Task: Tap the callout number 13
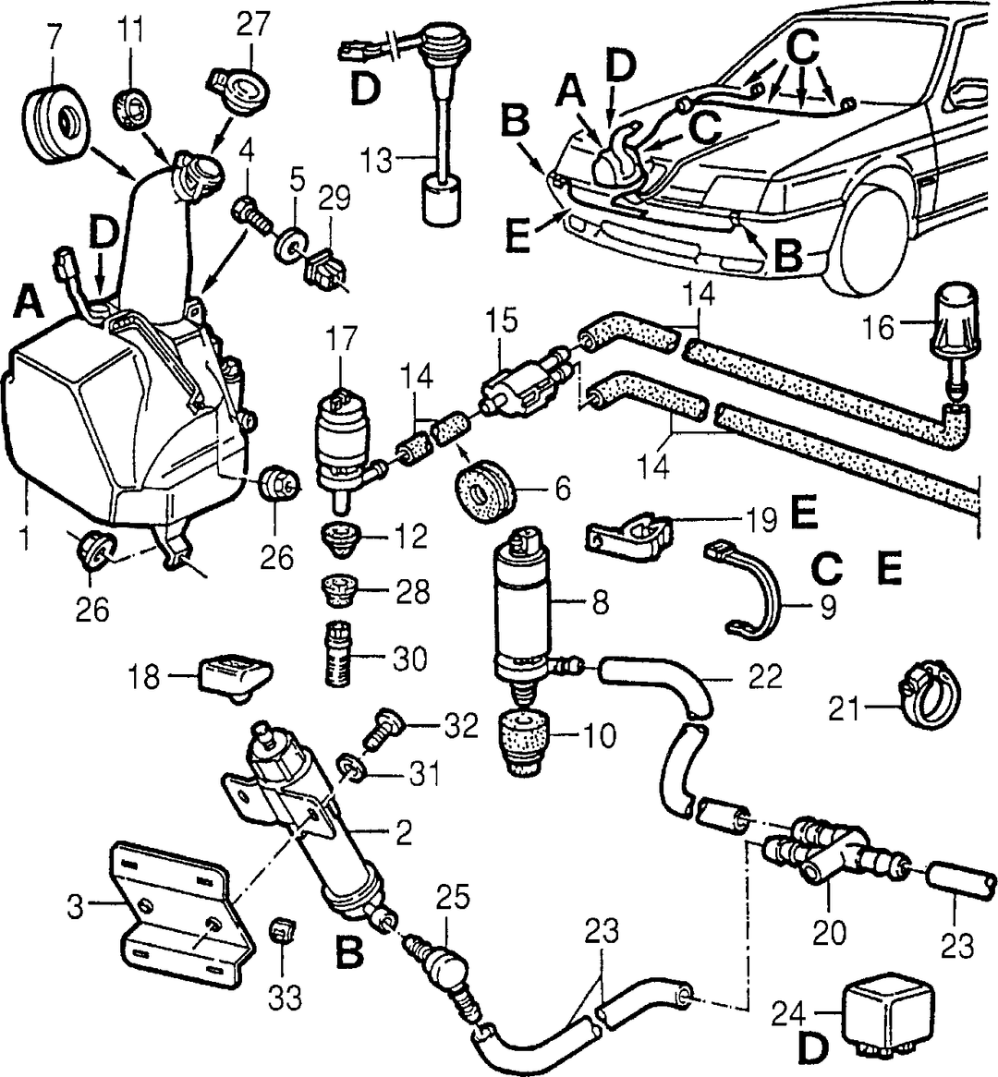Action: [x=377, y=161]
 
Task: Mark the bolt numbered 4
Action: [x=252, y=215]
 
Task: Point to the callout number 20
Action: [x=828, y=932]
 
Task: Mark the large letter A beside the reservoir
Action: [x=29, y=303]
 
